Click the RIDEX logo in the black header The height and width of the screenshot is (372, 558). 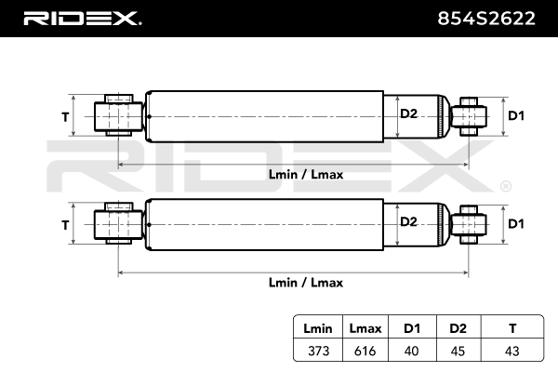(x=82, y=19)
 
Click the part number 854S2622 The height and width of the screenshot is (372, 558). (x=486, y=19)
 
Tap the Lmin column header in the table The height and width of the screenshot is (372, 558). (x=318, y=328)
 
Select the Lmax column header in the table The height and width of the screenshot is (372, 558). (x=365, y=328)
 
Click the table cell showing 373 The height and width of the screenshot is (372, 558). (x=318, y=351)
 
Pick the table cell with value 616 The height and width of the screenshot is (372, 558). (x=365, y=351)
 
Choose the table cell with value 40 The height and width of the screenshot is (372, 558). (x=411, y=351)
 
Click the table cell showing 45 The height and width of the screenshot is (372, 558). (x=458, y=351)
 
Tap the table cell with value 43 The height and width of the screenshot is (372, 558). (x=512, y=351)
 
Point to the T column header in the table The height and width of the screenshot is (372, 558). (x=512, y=328)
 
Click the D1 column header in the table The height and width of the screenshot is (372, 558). (x=412, y=328)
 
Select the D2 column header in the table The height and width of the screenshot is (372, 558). (x=458, y=328)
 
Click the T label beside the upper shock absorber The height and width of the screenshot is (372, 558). (x=65, y=117)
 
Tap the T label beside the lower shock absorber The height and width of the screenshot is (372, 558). (x=65, y=225)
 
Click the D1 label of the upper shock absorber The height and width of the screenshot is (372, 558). (x=516, y=115)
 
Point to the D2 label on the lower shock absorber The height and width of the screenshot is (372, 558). (x=408, y=221)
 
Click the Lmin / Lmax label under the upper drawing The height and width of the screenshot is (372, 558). (x=306, y=175)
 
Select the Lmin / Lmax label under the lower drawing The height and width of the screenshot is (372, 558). (x=306, y=283)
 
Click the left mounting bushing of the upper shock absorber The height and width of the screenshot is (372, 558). (x=118, y=115)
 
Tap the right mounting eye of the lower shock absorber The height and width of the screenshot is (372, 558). (x=469, y=224)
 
